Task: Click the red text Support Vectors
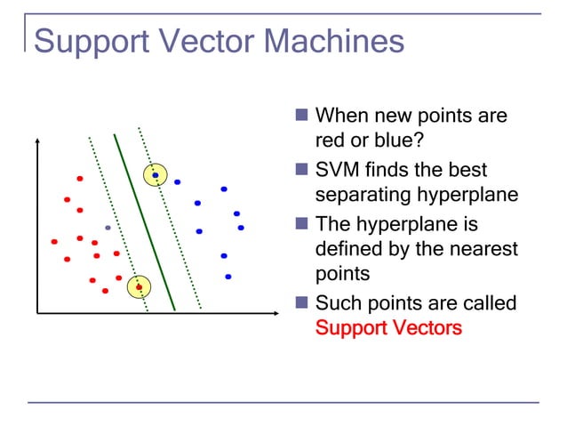(x=388, y=328)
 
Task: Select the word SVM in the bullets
(x=339, y=170)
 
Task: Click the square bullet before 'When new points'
(x=301, y=116)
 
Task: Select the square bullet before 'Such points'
(x=301, y=303)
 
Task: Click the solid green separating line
(x=145, y=222)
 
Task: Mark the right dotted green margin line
(x=171, y=222)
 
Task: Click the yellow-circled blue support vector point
(x=156, y=175)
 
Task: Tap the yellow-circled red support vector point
(x=139, y=286)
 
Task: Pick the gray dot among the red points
(x=108, y=228)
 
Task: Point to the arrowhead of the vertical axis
(x=38, y=141)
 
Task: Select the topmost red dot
(x=79, y=179)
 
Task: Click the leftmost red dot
(x=54, y=241)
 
